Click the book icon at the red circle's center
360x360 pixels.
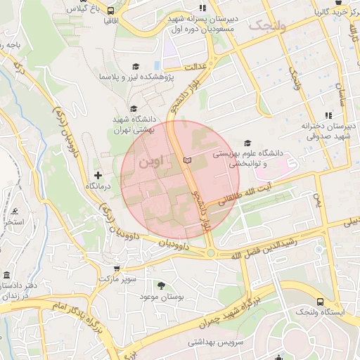point(186,161)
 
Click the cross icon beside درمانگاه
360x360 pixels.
point(98,174)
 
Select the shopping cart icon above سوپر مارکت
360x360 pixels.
point(116,267)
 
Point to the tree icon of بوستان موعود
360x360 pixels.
point(162,285)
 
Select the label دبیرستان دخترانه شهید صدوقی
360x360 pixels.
point(329,131)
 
